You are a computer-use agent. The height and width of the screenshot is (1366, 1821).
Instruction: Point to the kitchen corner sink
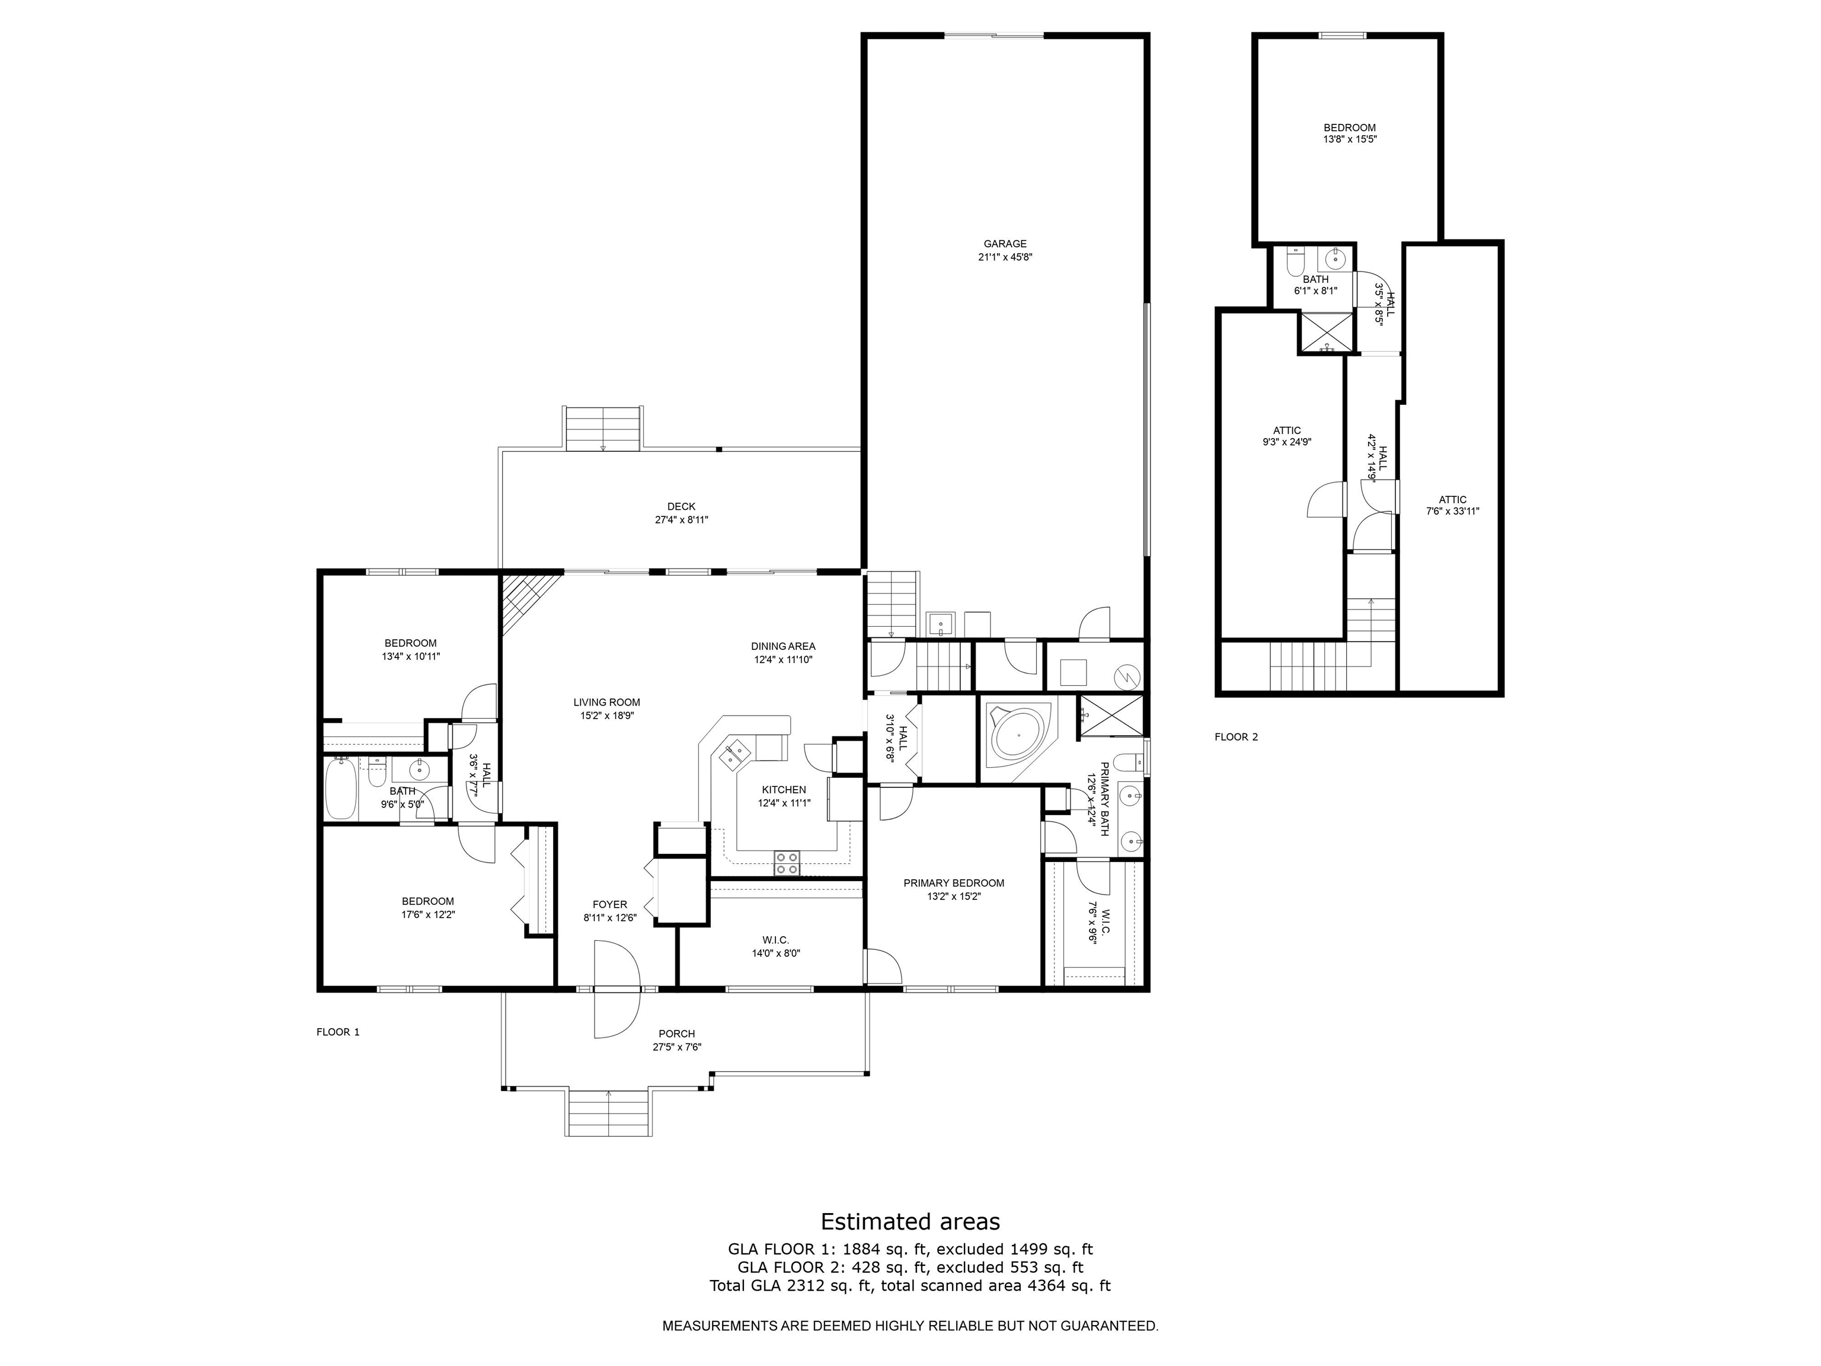point(734,754)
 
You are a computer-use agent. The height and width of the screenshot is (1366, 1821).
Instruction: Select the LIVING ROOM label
point(607,703)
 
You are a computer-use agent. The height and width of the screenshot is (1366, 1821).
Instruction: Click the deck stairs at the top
point(603,428)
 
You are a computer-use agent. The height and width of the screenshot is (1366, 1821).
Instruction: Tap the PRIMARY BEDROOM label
point(953,883)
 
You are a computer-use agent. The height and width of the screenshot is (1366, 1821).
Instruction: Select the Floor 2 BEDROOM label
point(1349,127)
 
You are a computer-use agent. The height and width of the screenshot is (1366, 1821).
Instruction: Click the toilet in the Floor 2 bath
point(1295,262)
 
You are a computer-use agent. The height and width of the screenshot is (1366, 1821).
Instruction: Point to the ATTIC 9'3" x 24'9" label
point(1287,430)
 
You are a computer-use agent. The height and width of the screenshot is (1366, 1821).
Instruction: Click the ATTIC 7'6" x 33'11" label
point(1452,500)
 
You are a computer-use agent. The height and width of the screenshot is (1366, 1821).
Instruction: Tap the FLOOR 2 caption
point(1236,737)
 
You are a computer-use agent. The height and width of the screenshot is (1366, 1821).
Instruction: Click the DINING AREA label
point(783,646)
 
